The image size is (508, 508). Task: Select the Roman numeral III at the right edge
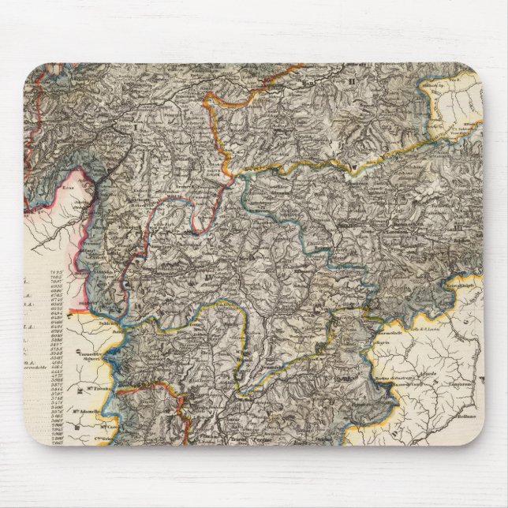pyautogui.click(x=458, y=229)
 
